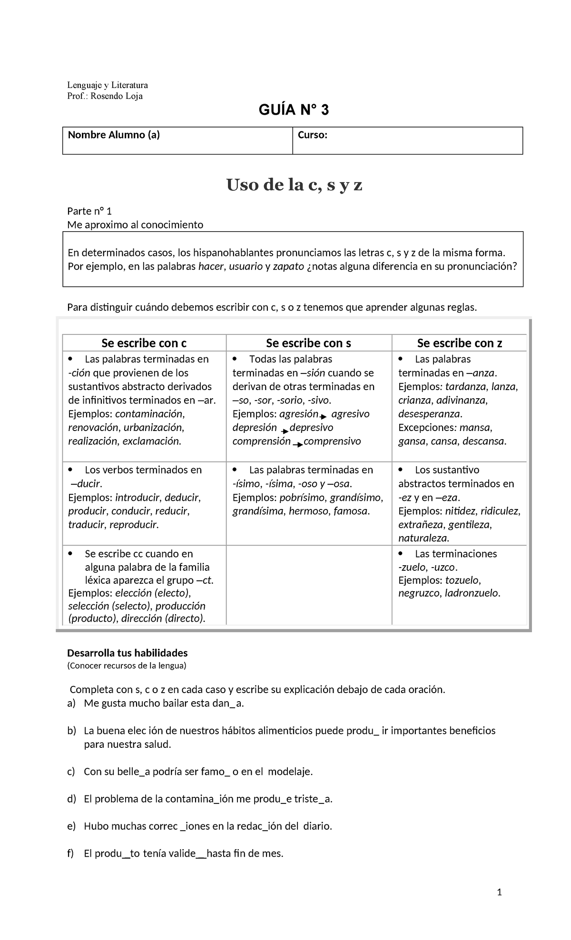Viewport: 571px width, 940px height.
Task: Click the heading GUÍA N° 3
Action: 293,110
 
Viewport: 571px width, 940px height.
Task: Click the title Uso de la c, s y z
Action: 294,185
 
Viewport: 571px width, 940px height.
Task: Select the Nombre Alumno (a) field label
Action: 114,135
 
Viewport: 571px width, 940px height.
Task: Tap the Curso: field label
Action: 312,135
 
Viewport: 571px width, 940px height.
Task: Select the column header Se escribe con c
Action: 144,343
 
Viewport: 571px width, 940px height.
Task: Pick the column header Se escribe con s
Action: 308,343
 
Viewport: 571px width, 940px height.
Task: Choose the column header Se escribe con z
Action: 459,343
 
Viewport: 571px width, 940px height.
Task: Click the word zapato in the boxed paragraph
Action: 288,266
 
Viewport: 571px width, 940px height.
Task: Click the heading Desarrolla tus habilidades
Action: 128,653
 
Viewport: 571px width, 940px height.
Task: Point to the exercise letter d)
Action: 71,799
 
